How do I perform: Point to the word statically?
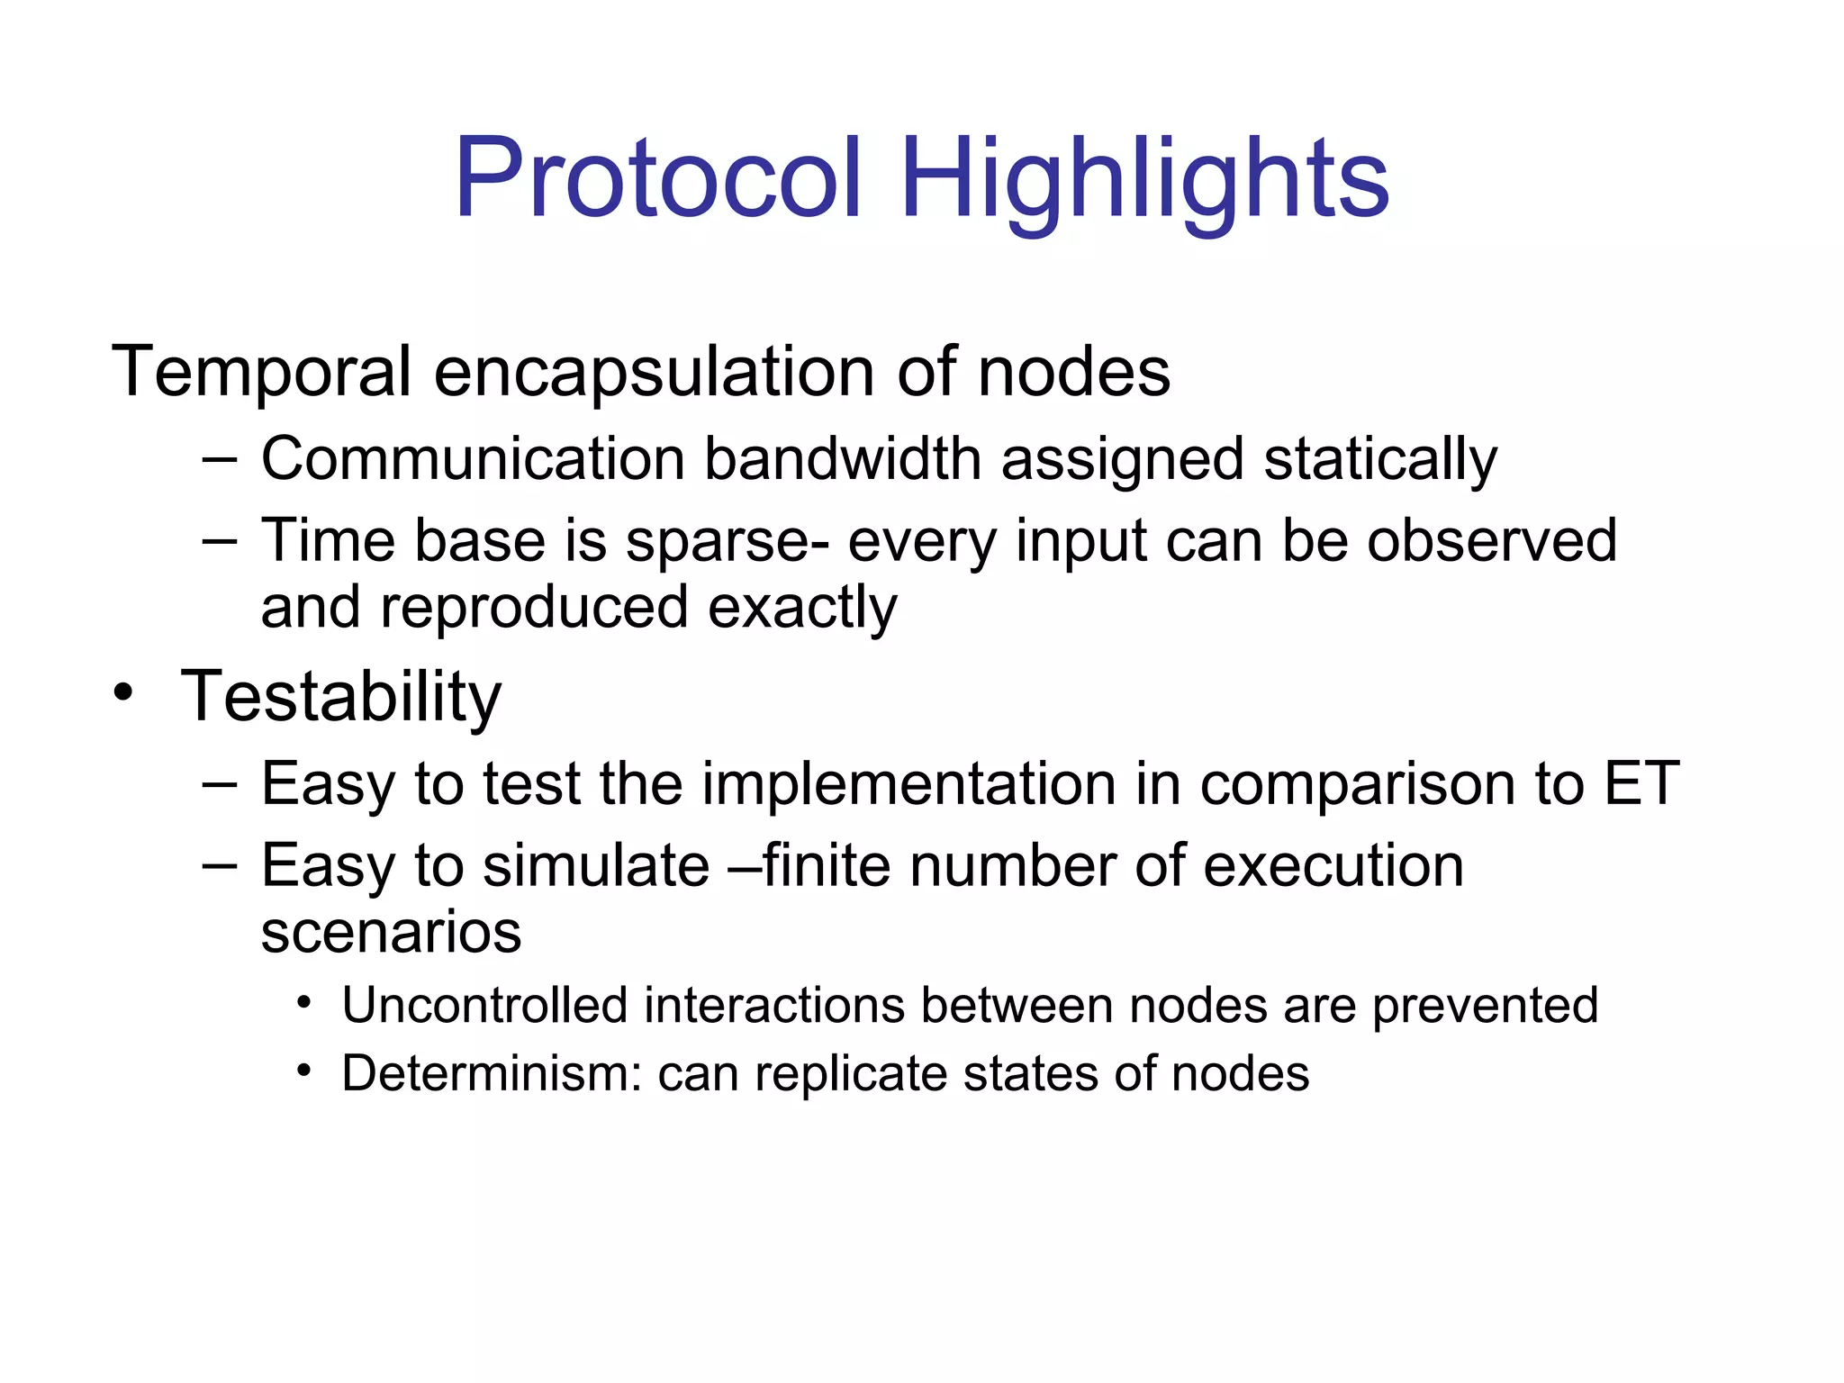1380,458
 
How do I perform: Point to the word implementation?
908,782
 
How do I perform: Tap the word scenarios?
391,931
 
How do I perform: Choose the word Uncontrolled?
484,1005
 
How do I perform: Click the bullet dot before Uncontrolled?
305,1002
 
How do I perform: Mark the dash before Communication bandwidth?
220,459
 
